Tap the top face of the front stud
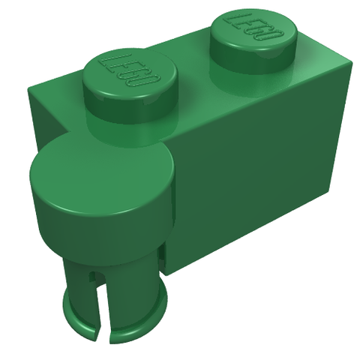tap(130, 73)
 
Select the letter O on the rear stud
tap(274, 37)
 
